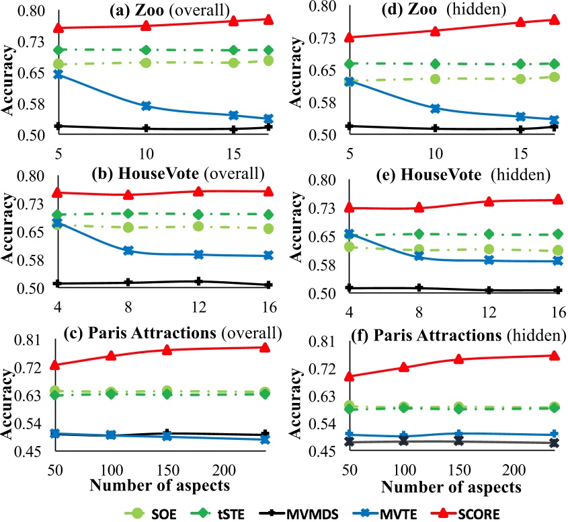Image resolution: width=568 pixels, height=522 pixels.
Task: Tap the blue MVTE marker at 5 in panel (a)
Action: click(58, 75)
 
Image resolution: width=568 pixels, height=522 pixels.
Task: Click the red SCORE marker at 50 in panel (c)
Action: click(58, 365)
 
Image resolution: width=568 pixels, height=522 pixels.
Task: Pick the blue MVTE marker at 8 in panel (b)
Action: click(128, 251)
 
